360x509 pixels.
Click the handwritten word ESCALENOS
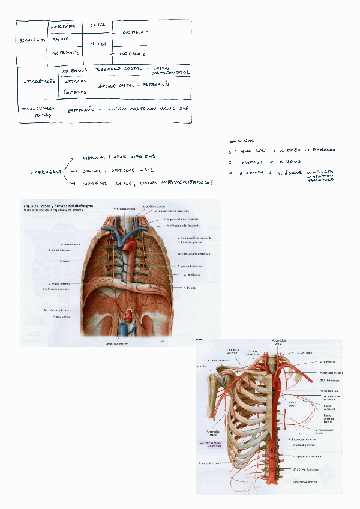(x=32, y=41)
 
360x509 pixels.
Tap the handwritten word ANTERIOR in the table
(x=64, y=26)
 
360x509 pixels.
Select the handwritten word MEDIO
(x=61, y=40)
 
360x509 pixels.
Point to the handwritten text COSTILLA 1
(x=136, y=31)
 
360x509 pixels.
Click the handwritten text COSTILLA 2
(x=133, y=53)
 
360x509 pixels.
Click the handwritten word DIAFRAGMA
(x=46, y=172)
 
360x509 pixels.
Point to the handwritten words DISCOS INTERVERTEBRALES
(x=176, y=182)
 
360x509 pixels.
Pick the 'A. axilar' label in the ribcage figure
(x=202, y=366)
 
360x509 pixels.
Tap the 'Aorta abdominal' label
(x=305, y=445)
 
